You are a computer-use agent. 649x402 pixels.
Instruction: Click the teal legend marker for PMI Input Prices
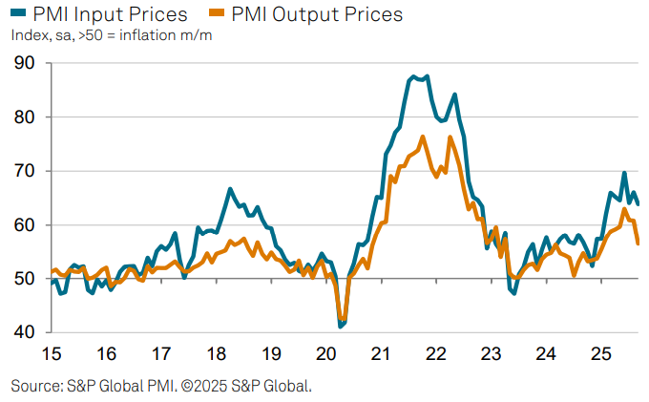click(x=16, y=14)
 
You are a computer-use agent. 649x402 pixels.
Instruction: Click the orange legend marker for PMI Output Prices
click(x=216, y=14)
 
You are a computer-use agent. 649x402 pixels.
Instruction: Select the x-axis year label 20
click(x=325, y=355)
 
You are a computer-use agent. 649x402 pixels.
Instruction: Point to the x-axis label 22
click(x=436, y=355)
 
